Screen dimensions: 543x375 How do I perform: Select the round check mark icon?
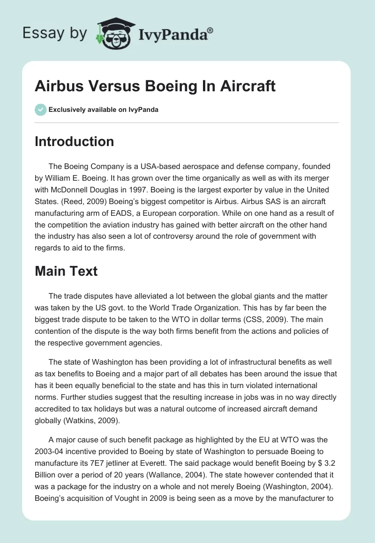click(40, 110)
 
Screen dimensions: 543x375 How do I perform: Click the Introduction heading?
click(74, 141)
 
